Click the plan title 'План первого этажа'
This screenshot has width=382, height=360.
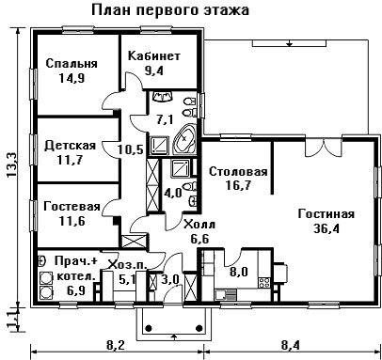(x=170, y=10)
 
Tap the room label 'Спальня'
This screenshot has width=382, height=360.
(x=72, y=64)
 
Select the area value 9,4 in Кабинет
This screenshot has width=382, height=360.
(x=154, y=70)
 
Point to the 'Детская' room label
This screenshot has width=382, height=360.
(x=71, y=146)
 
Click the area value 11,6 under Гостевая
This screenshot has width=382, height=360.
(x=72, y=221)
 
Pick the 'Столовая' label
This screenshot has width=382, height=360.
(x=238, y=172)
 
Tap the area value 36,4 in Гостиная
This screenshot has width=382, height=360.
(x=326, y=228)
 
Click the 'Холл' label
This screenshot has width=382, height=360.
(x=199, y=225)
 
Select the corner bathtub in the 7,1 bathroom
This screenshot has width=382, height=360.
(x=185, y=139)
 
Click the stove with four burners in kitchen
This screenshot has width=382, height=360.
(x=264, y=282)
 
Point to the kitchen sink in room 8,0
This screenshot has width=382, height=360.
(x=225, y=295)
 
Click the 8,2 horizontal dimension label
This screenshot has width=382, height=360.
(x=116, y=346)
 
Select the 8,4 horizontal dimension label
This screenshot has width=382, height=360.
(x=290, y=346)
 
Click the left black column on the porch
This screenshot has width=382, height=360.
(x=149, y=328)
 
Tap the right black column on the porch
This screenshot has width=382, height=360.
(x=199, y=328)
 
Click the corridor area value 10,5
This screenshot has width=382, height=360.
(x=131, y=149)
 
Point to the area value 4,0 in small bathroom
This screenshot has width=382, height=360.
(x=173, y=193)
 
